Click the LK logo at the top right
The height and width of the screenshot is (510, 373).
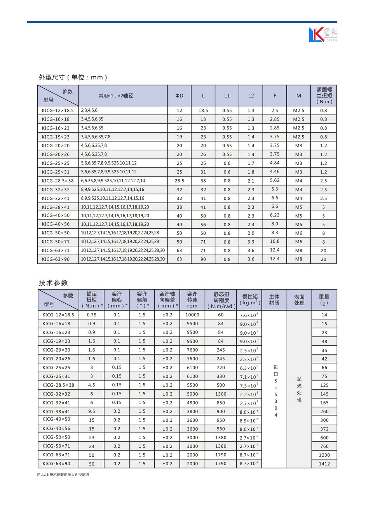click(322, 35)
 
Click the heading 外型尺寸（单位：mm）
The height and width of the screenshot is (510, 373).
click(73, 77)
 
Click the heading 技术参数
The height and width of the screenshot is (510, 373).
click(53, 283)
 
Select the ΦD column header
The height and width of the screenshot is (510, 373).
click(179, 96)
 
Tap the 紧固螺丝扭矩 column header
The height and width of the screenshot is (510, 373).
click(324, 96)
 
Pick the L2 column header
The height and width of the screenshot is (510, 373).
click(251, 96)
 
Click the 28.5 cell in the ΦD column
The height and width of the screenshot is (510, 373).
click(179, 181)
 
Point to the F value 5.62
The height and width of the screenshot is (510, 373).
click(275, 180)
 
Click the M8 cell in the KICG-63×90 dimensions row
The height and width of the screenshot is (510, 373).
click(298, 259)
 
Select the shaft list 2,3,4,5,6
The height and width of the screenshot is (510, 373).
click(89, 110)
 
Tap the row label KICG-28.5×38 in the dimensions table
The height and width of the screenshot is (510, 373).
click(58, 181)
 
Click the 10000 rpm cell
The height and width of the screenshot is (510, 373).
click(192, 315)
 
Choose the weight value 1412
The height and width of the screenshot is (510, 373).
click(324, 464)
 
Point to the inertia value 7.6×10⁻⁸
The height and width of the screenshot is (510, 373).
click(249, 315)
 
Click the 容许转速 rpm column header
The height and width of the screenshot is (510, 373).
click(192, 300)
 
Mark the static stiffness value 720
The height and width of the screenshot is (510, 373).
click(221, 367)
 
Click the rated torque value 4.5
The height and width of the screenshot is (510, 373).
click(92, 385)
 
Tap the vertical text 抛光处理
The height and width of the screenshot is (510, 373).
click(299, 389)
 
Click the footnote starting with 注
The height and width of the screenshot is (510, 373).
click(63, 475)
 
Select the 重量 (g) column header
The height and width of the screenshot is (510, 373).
click(324, 300)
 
